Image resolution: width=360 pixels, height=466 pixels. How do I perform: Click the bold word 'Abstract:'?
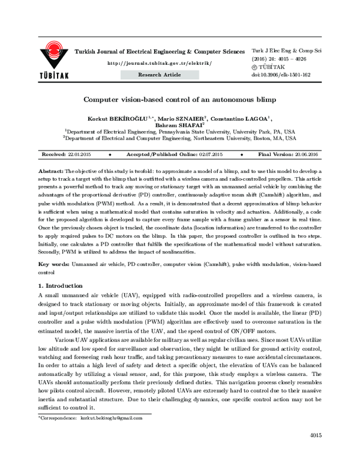50,171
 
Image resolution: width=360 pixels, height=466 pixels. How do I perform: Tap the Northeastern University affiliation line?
180,138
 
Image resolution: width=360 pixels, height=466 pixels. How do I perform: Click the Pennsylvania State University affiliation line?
180,131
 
